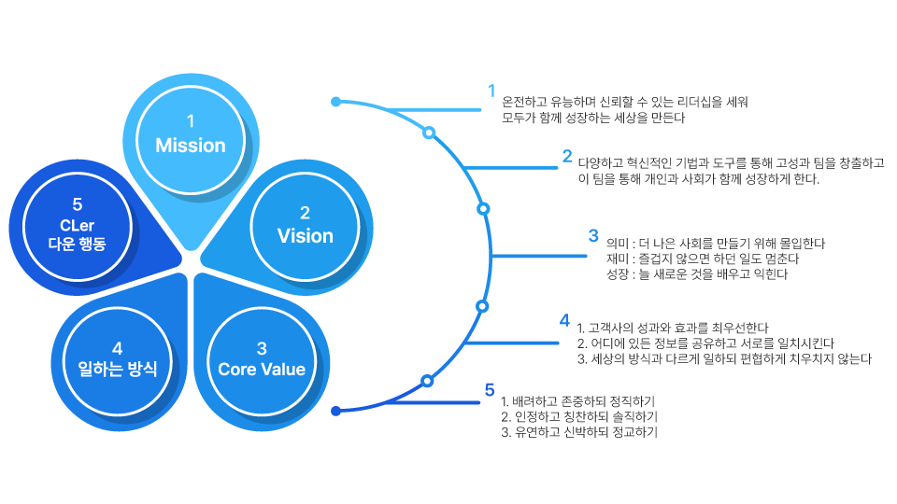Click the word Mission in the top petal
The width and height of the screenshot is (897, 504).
(191, 146)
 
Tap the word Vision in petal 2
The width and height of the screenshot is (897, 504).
(305, 236)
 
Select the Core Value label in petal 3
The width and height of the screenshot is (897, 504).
(262, 369)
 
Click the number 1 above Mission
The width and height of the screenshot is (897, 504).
(191, 121)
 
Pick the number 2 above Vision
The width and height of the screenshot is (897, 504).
(305, 213)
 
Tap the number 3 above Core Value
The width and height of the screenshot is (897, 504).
(262, 346)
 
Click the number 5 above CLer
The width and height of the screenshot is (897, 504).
(78, 203)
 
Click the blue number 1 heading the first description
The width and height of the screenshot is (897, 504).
(491, 91)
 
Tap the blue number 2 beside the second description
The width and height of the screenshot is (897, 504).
(566, 156)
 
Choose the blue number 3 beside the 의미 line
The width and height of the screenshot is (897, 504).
(592, 235)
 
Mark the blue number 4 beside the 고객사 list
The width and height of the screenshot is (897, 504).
(564, 320)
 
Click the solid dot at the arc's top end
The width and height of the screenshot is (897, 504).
(336, 101)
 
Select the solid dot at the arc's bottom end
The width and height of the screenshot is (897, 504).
(336, 410)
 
